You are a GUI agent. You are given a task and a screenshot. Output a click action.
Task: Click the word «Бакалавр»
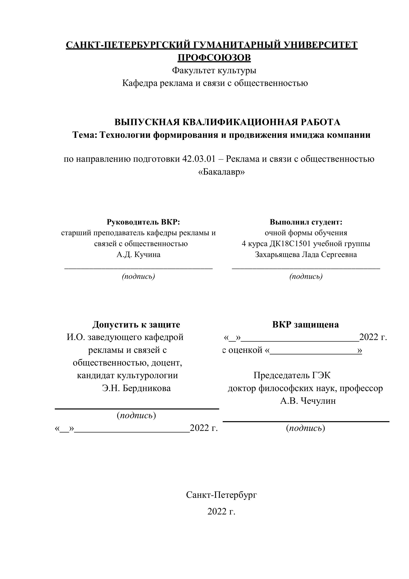222,172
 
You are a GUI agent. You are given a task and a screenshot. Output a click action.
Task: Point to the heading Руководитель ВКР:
143,222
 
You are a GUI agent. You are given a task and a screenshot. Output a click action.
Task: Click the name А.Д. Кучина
138,254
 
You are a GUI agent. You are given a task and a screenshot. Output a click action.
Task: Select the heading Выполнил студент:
306,222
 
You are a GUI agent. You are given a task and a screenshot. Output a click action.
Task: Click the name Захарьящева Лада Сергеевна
306,254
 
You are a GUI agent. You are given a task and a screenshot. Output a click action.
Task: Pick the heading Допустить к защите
136,324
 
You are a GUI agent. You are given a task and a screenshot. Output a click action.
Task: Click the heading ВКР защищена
306,324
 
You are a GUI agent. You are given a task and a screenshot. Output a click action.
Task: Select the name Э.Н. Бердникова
136,388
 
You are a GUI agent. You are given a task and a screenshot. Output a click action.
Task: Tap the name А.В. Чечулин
308,401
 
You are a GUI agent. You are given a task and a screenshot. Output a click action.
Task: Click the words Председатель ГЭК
292,375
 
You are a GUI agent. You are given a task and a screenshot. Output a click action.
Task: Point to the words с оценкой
242,350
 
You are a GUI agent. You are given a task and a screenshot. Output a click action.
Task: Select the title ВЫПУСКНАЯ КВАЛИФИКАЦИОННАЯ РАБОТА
227,122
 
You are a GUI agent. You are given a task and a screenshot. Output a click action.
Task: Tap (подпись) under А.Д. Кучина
138,276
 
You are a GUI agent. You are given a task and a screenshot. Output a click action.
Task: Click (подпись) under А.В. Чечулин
306,428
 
